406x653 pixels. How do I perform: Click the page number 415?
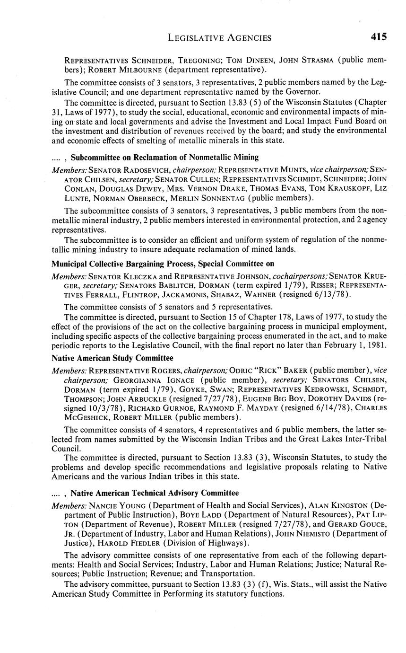point(379,37)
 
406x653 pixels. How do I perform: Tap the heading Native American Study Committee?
point(112,358)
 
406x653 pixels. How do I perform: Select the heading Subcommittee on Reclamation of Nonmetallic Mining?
point(165,157)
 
